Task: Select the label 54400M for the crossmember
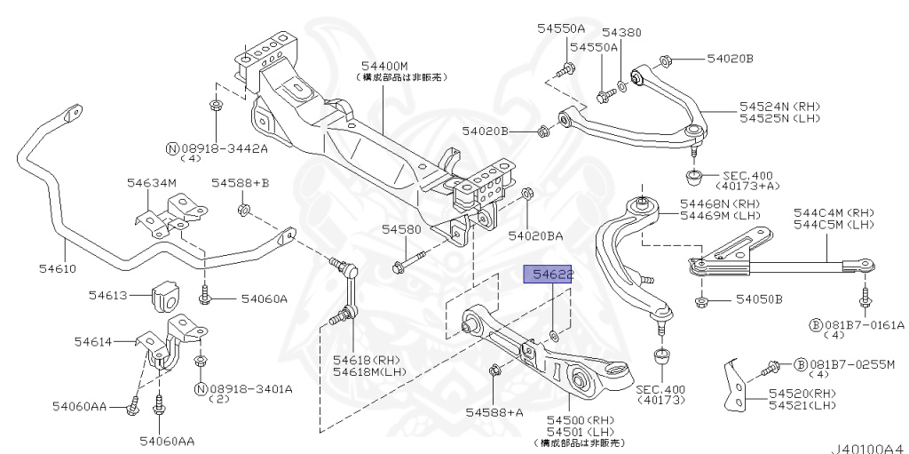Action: [x=383, y=66]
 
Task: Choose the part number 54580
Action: [x=401, y=228]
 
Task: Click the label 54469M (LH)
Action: [x=720, y=216]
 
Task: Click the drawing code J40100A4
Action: [x=867, y=449]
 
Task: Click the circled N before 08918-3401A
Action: [x=201, y=389]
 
